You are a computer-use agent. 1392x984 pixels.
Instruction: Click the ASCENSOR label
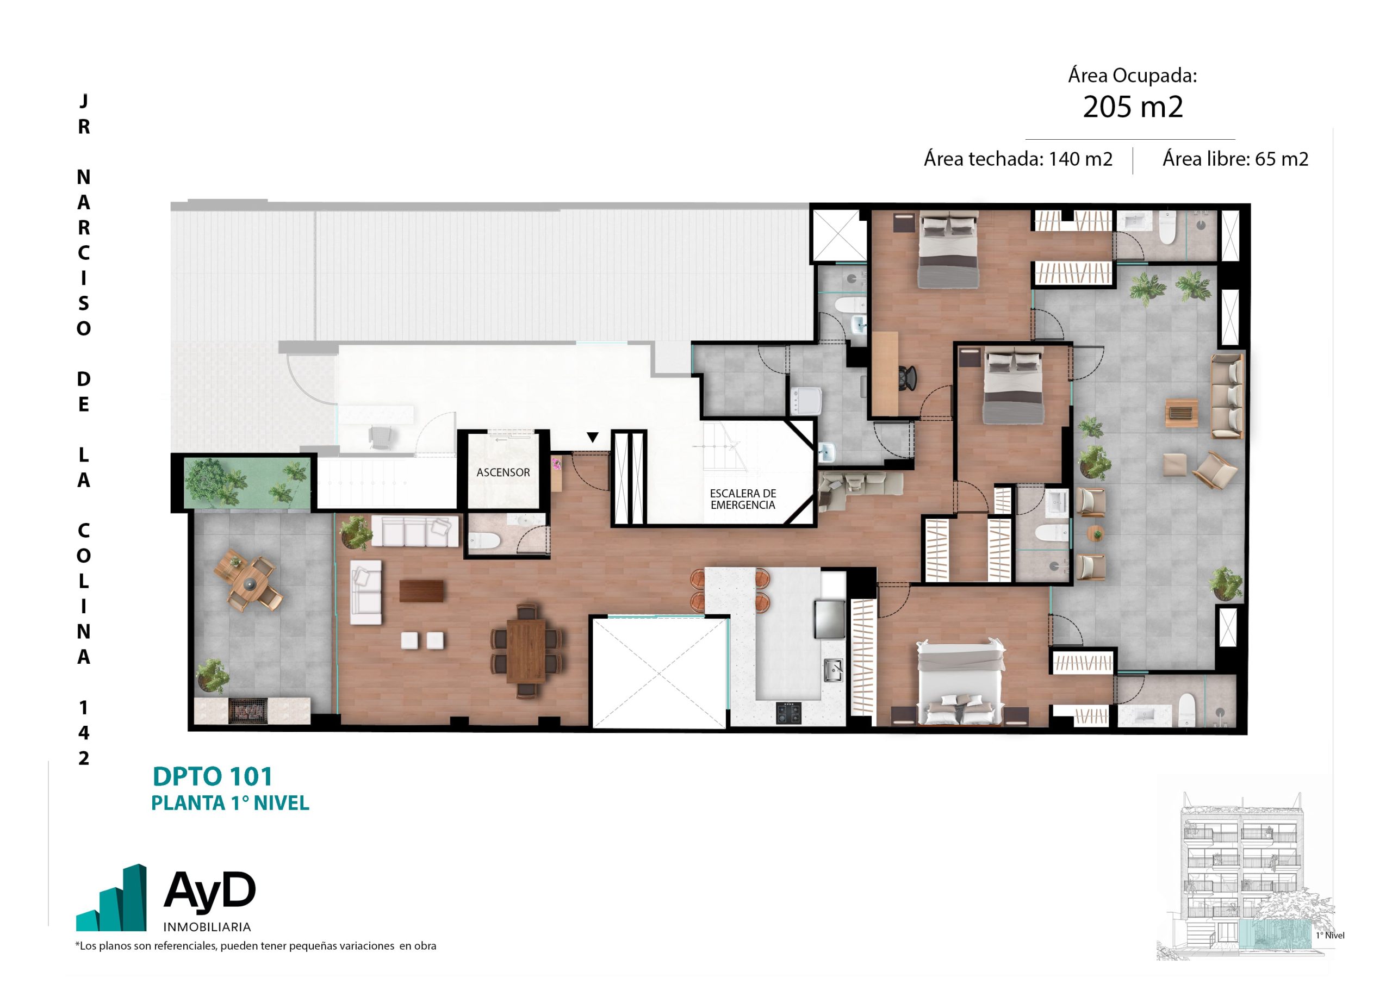(x=502, y=472)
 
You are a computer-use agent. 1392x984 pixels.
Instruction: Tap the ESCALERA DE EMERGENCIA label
(x=743, y=499)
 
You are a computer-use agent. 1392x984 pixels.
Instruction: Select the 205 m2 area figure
(x=1133, y=107)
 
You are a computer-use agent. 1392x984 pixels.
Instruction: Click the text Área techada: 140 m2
(x=1018, y=159)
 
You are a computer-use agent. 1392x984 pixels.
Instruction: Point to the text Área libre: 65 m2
(x=1235, y=159)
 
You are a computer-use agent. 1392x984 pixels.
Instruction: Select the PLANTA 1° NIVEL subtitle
(x=230, y=803)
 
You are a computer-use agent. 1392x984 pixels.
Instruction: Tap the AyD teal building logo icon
(x=111, y=898)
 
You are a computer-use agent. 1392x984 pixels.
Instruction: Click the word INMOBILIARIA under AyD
(x=207, y=927)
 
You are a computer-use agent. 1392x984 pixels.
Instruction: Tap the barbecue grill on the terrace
(x=247, y=711)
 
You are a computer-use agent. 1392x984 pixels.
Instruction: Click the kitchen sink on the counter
(x=833, y=670)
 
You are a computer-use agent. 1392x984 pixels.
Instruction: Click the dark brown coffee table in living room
(x=421, y=591)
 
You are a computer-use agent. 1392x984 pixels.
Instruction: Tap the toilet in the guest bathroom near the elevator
(x=484, y=540)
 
